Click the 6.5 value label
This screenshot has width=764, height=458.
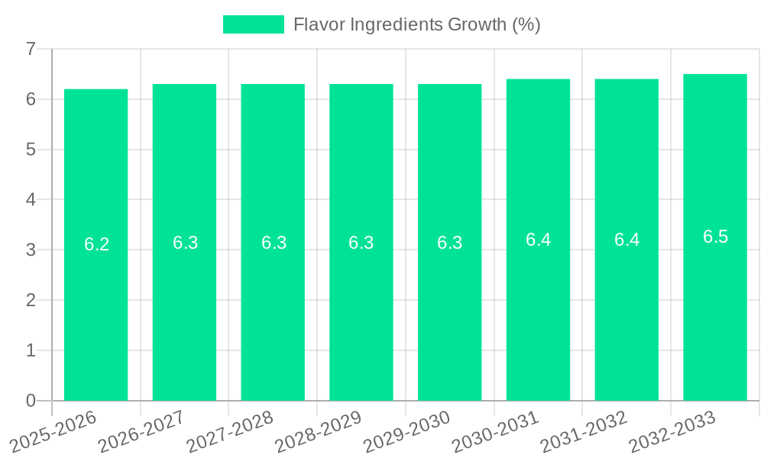coord(715,237)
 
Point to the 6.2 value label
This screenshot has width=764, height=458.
coord(96,244)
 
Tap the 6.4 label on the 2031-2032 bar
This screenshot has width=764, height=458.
coord(626,240)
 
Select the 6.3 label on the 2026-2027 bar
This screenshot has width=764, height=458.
coord(185,243)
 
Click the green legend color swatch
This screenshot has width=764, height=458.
coord(253,24)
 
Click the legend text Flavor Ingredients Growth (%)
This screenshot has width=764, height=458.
coord(417,24)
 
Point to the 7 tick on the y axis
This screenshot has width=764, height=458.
coord(31,50)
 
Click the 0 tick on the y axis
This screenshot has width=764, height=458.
coord(31,401)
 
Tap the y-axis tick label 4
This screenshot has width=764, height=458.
coord(31,200)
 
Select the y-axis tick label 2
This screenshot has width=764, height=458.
coord(31,300)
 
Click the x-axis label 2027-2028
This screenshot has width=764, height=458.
coord(229,431)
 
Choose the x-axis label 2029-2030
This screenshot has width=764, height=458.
coord(406,431)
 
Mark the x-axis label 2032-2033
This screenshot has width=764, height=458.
coord(672,431)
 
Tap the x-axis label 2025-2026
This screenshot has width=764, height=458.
coord(53,431)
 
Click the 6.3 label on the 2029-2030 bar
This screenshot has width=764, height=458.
coord(449,243)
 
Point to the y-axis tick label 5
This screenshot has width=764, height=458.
coord(31,150)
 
